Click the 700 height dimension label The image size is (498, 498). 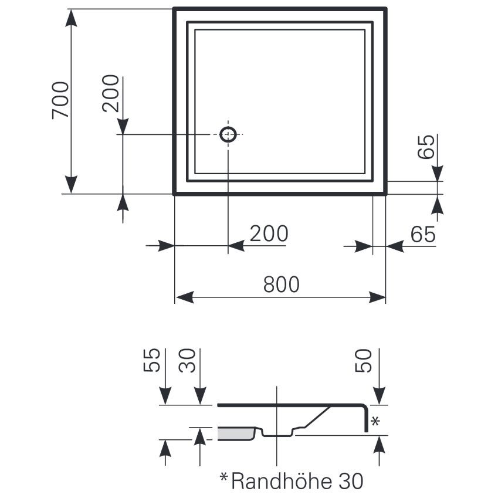60,100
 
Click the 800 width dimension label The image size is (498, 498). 282,284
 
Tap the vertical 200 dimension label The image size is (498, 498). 111,93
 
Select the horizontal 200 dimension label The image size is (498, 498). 269,234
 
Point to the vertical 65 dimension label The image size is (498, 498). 427,147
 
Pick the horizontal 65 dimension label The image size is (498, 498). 423,235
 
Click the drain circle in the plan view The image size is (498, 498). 228,134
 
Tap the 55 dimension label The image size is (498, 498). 151,361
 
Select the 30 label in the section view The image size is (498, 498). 187,361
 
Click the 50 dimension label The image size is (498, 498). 365,361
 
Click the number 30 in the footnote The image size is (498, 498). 351,482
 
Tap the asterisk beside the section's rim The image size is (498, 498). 377,421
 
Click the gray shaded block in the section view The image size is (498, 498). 235,433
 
